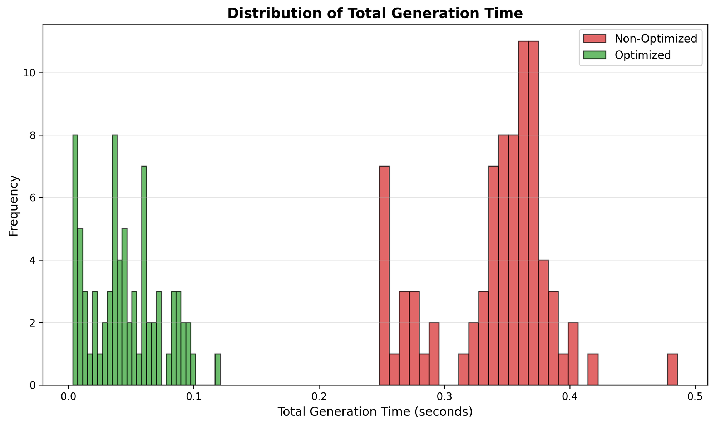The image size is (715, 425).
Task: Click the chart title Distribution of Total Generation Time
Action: (x=375, y=14)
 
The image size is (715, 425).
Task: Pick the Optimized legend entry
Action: (x=642, y=55)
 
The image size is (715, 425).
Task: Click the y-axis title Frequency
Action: (x=13, y=206)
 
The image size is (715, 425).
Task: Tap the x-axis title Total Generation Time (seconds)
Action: (x=375, y=412)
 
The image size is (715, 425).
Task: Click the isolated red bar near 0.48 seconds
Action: (x=672, y=370)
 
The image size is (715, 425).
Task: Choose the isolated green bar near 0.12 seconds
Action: (x=217, y=370)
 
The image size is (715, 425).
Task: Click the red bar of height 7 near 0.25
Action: (x=384, y=275)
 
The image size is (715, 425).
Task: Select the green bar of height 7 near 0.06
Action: (x=144, y=275)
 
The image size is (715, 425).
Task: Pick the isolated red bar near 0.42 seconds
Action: (x=593, y=370)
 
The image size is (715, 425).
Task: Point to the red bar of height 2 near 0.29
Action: (x=434, y=354)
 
